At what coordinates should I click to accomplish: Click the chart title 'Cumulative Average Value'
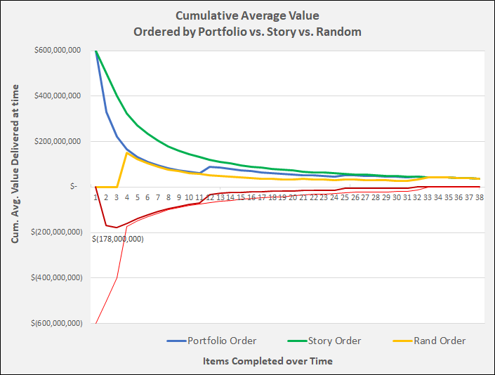247,15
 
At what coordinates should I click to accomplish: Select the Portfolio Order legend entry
221,341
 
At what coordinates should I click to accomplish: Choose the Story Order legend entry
334,341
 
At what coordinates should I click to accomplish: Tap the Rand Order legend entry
440,341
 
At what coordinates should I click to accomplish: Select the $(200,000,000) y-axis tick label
60,232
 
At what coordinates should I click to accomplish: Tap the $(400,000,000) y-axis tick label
60,278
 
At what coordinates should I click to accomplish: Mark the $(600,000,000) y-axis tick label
60,324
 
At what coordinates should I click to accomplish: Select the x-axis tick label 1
96,198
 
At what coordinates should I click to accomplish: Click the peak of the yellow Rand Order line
127,152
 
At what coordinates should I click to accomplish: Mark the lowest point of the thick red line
117,228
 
